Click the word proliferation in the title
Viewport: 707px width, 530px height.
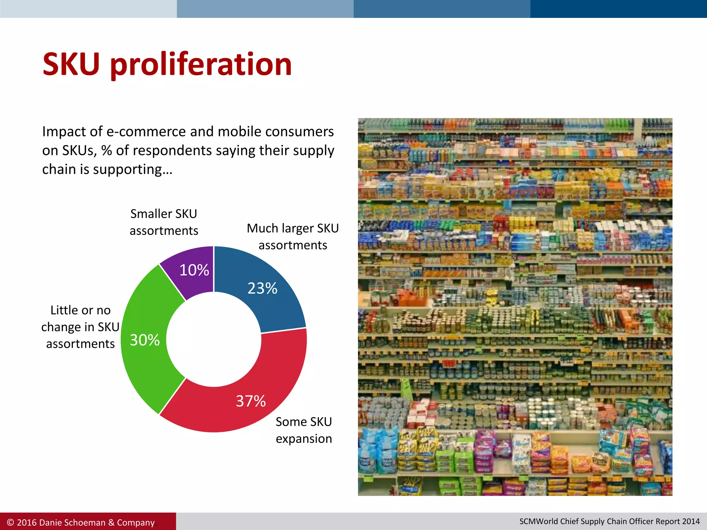(201, 65)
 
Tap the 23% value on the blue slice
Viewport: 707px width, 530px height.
(262, 288)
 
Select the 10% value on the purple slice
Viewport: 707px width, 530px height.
(194, 270)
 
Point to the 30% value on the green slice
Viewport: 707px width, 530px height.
(145, 340)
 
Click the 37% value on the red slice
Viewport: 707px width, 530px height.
(251, 401)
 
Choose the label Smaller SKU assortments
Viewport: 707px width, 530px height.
(164, 222)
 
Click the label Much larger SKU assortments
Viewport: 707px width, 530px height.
(293, 237)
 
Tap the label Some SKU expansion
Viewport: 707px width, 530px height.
(304, 430)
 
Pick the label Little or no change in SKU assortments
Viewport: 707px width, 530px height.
(80, 327)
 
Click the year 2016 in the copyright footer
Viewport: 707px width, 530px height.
(27, 522)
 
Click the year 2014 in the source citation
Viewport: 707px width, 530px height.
(691, 521)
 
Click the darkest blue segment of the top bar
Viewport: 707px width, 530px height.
(618, 9)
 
